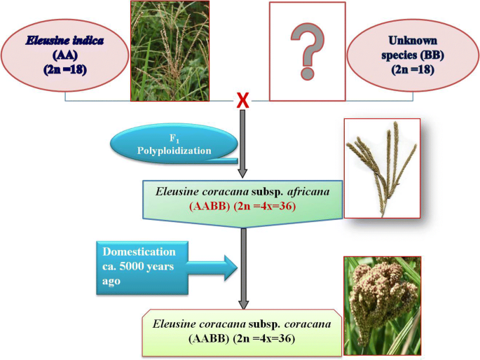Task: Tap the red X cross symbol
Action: [243, 101]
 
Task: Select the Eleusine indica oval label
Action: [65, 55]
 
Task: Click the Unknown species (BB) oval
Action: [413, 55]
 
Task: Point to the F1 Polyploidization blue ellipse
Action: [174, 144]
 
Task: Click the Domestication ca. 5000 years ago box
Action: [142, 268]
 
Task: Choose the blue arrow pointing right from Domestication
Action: [212, 268]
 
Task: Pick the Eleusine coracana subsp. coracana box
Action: [242, 333]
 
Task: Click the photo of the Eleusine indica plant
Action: [170, 50]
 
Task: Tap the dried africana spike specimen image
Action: [382, 169]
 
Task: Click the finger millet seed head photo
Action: [383, 306]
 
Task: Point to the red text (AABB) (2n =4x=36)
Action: [242, 207]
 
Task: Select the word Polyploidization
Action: [174, 151]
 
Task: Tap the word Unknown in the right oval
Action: [413, 41]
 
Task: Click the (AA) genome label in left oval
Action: [65, 55]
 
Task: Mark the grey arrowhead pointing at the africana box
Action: [242, 172]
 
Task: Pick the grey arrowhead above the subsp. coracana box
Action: [243, 304]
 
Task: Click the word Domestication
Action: [139, 251]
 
